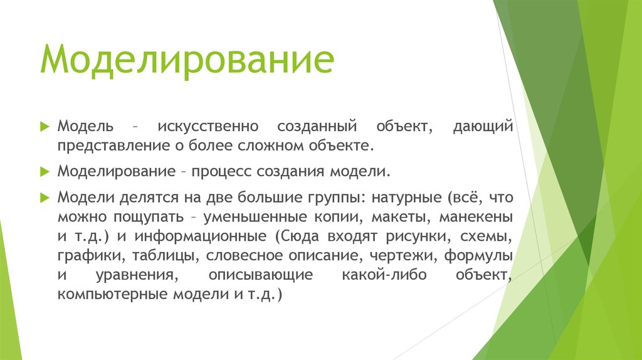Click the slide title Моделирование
(187, 61)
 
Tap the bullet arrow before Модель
(45, 127)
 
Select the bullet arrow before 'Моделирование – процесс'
(45, 171)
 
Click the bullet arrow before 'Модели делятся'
(45, 197)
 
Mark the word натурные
(406, 198)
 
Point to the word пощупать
(149, 217)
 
